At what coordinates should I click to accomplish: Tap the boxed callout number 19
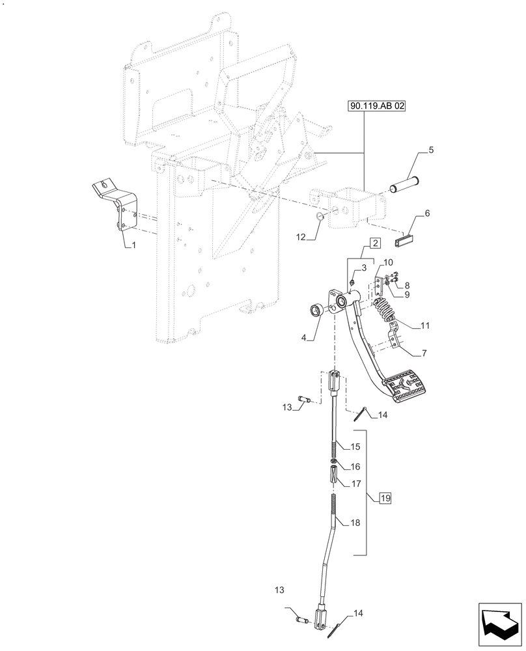point(385,499)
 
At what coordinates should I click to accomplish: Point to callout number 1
point(133,245)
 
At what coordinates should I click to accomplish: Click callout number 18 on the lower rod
point(355,523)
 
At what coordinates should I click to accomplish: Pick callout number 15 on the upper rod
point(355,447)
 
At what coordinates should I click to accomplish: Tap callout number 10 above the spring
point(389,262)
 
